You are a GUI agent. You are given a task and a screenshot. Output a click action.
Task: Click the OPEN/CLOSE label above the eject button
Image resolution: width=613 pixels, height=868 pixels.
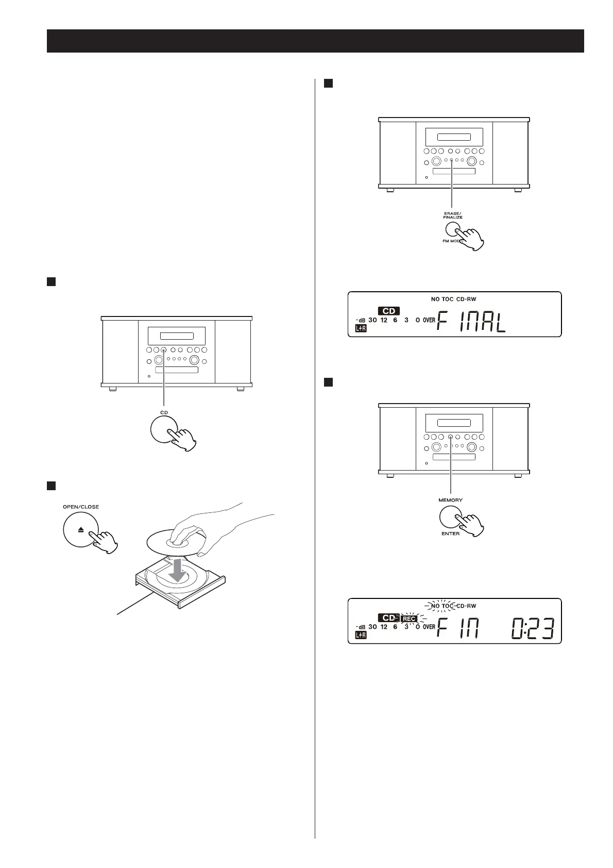click(81, 507)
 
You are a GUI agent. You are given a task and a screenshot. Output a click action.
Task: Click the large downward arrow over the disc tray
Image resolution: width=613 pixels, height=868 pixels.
click(178, 570)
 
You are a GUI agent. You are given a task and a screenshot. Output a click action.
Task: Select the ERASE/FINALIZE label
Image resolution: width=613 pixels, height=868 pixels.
click(453, 215)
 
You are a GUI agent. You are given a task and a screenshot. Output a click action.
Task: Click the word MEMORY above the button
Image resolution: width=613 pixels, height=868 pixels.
click(450, 500)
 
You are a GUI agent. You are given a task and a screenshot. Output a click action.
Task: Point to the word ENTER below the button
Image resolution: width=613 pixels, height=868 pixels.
click(450, 533)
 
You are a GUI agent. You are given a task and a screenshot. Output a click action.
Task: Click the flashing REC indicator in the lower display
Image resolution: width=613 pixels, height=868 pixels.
click(409, 619)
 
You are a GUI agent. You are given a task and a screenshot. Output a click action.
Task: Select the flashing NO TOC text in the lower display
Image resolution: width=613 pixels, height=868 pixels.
click(442, 606)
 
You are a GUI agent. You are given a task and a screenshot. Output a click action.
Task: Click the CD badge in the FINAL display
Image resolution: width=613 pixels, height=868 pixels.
click(389, 311)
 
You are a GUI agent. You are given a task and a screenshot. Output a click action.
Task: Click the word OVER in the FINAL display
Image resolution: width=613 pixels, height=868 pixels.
click(429, 320)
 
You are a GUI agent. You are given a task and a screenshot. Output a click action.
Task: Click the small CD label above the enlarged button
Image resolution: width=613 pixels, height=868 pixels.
click(164, 412)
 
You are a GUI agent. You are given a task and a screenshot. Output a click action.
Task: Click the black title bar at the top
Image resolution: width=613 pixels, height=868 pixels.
click(315, 41)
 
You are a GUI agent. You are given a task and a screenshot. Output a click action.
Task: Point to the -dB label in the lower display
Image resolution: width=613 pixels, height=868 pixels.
click(361, 627)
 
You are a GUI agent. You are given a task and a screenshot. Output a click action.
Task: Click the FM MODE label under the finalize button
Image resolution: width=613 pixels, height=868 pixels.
click(446, 241)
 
